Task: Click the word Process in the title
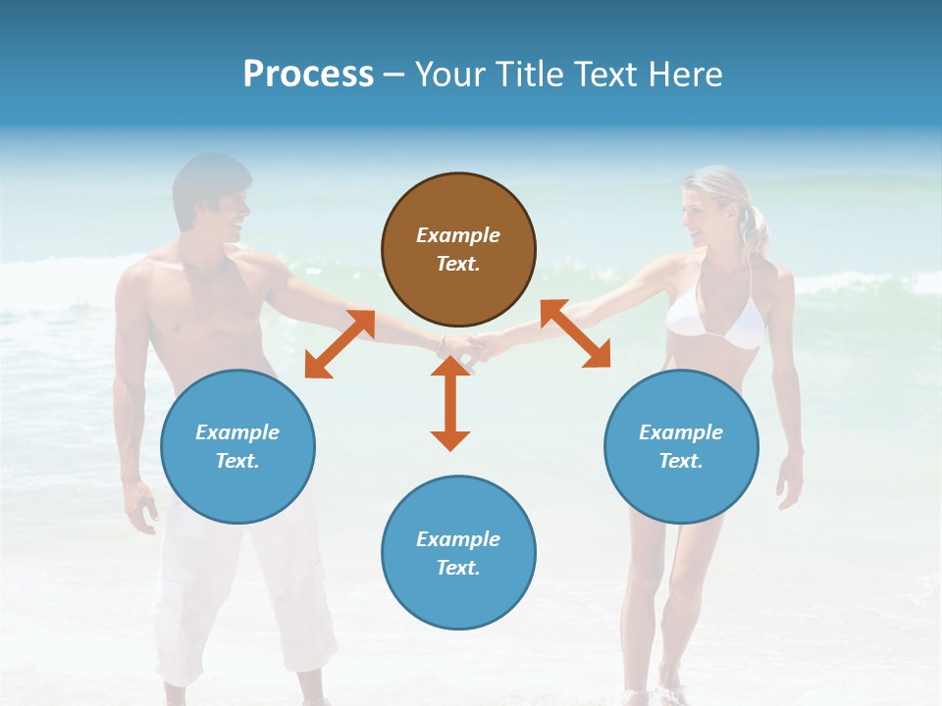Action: click(x=308, y=75)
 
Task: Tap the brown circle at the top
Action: click(x=458, y=250)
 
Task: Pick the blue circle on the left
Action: click(x=237, y=446)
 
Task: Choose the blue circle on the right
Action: click(x=681, y=446)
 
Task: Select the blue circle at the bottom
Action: click(x=458, y=553)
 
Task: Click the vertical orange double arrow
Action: click(x=450, y=403)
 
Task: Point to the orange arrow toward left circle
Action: click(x=340, y=344)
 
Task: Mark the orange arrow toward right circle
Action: click(x=576, y=333)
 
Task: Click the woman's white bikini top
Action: click(x=716, y=320)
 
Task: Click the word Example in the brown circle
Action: click(x=458, y=235)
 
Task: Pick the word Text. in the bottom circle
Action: click(x=458, y=568)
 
